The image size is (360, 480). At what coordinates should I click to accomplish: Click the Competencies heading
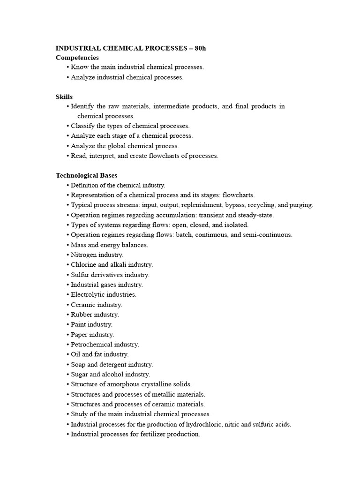click(x=77, y=57)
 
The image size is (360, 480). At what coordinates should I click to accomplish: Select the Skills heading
click(x=64, y=97)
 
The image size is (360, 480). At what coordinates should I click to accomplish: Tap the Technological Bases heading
click(x=86, y=175)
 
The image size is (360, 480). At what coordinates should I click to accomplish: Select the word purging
click(x=300, y=205)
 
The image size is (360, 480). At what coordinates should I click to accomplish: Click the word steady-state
click(x=256, y=215)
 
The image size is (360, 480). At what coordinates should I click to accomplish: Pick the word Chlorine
click(x=83, y=265)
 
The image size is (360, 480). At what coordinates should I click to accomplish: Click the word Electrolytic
click(x=88, y=294)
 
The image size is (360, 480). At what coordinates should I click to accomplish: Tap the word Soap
click(x=79, y=364)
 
